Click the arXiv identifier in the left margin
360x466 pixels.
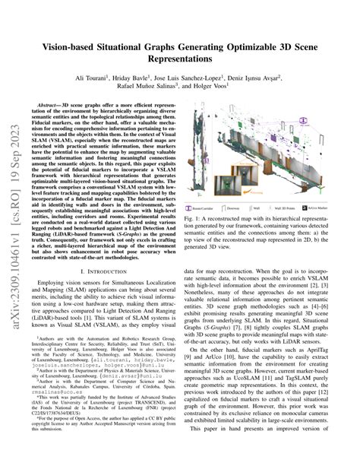pyautogui.click(x=14, y=228)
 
